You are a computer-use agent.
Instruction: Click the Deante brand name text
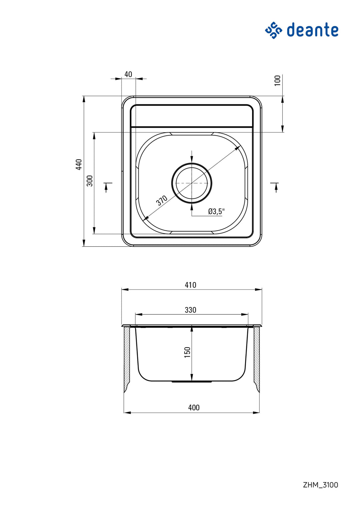pyautogui.click(x=313, y=30)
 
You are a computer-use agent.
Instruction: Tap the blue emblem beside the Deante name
pyautogui.click(x=273, y=30)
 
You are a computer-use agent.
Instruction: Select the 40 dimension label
pyautogui.click(x=128, y=74)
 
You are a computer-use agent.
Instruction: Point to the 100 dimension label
pyautogui.click(x=277, y=80)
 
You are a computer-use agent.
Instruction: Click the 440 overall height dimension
pyautogui.click(x=79, y=164)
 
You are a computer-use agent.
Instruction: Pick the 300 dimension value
pyautogui.click(x=90, y=181)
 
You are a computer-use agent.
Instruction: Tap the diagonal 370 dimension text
pyautogui.click(x=162, y=200)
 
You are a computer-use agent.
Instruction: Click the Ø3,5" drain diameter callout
pyautogui.click(x=216, y=211)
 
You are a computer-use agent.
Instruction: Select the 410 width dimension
pyautogui.click(x=190, y=285)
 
